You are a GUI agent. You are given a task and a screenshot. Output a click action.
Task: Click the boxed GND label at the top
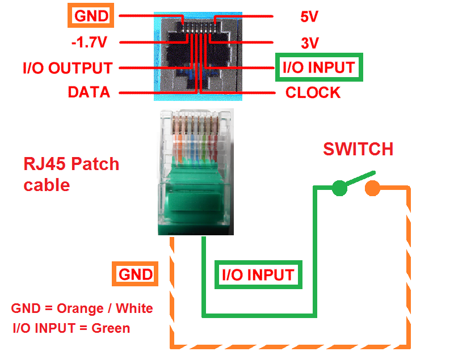pos(91,16)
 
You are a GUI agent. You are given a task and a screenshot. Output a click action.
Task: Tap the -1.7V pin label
pos(90,43)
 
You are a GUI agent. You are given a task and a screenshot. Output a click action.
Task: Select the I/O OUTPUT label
pos(68,68)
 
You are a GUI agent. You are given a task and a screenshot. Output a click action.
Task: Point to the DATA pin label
pos(89,92)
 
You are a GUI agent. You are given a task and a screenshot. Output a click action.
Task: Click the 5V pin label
pos(309,16)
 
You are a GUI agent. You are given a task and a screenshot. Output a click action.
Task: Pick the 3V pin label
pos(310,43)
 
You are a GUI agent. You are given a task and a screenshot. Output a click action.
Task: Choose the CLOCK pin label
pos(313,92)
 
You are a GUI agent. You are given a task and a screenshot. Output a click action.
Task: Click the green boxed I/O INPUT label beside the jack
pos(318,67)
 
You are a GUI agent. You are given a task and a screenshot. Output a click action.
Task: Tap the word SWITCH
pos(358,149)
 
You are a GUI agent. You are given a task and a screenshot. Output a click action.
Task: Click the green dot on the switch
pos(339,188)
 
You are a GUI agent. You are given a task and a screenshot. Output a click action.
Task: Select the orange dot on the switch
pos(372,188)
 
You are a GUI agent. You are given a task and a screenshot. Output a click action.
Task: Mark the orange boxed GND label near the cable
pos(136,275)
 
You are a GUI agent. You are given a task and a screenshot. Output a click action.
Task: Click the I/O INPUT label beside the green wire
pos(258,276)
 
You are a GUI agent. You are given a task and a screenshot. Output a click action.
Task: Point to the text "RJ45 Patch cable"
pos(72,174)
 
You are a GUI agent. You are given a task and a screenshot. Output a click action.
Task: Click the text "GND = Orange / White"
pos(82,308)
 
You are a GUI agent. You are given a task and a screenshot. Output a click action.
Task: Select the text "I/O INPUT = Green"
pos(71,328)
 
